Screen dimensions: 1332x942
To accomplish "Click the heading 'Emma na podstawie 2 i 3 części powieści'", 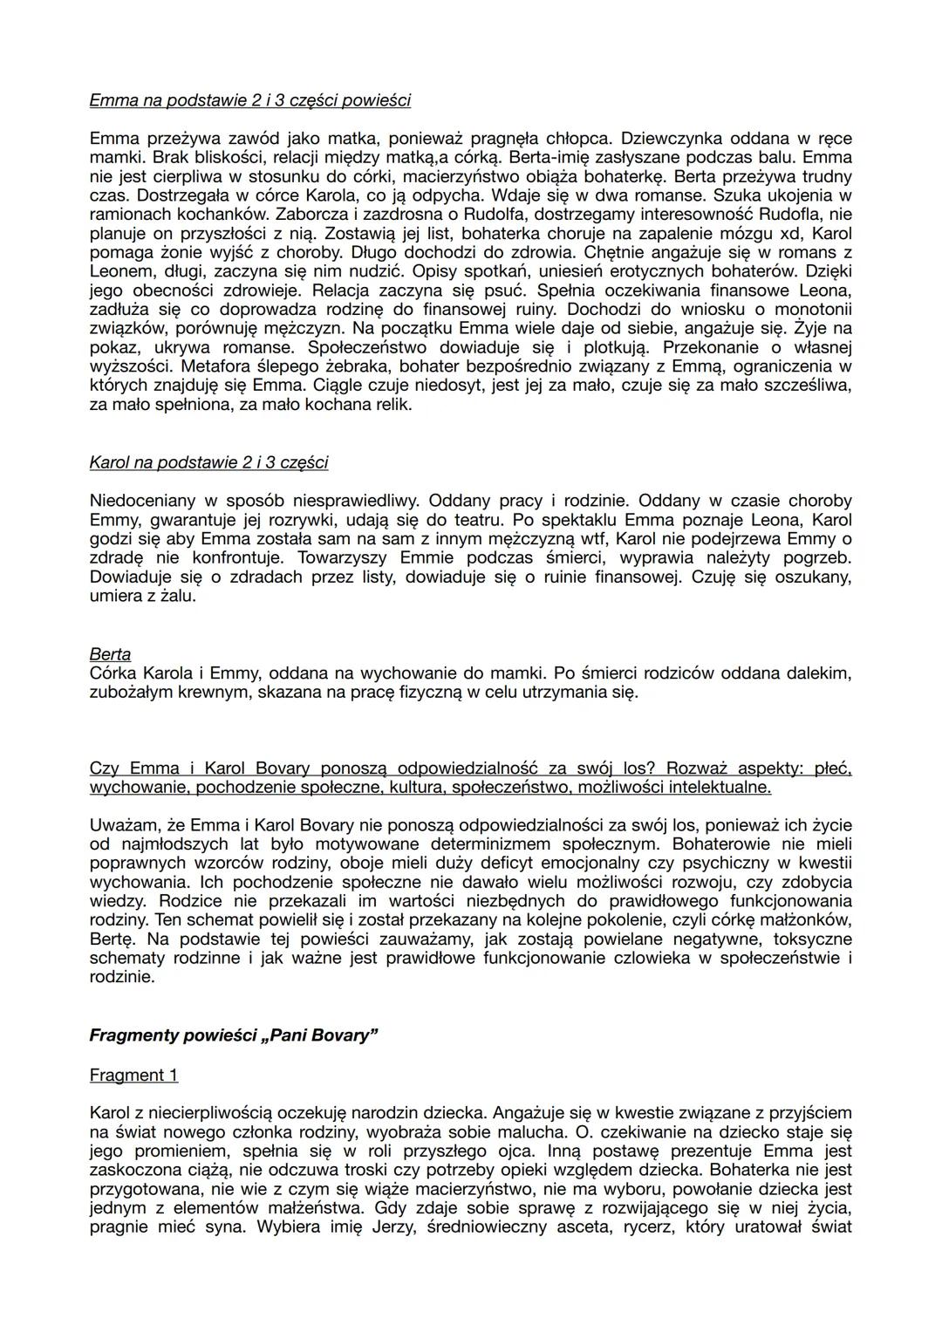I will [x=249, y=100].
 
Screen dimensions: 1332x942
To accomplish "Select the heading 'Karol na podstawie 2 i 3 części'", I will [x=208, y=462].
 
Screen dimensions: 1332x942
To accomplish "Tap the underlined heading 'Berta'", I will [x=110, y=654].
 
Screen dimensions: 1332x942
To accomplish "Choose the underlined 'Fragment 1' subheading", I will [x=133, y=1075].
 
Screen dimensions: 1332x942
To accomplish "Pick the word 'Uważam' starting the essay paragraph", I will [x=120, y=824].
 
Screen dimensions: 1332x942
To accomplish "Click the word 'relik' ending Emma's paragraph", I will [x=392, y=405].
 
